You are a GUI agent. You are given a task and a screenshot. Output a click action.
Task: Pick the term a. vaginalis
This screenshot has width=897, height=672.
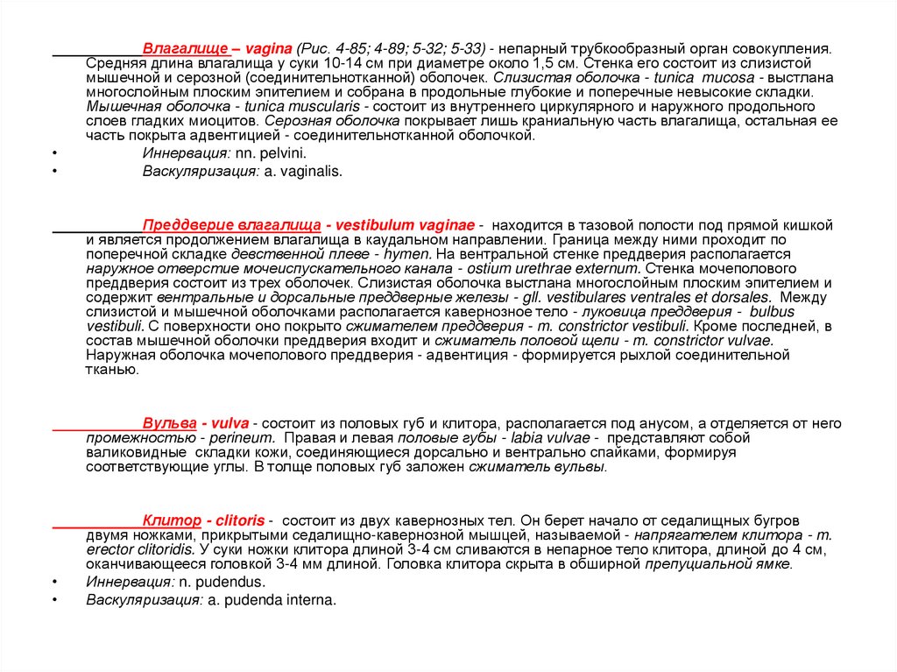[302, 172]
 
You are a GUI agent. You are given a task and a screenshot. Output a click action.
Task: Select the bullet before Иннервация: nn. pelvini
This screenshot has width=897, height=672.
[54, 152]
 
